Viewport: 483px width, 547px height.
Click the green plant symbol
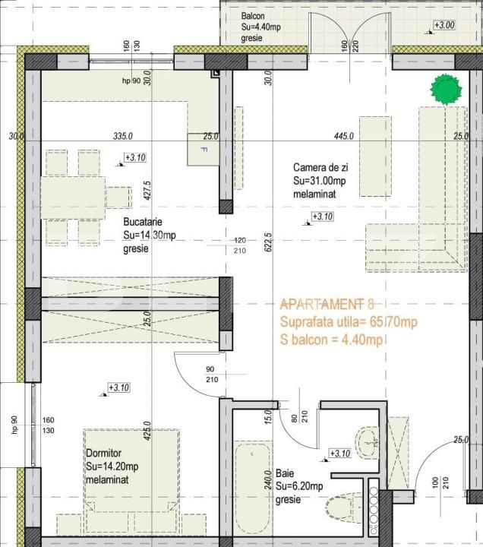pyautogui.click(x=446, y=89)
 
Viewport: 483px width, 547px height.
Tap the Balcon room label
pyautogui.click(x=254, y=17)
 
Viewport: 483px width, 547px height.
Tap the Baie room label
pyautogui.click(x=284, y=473)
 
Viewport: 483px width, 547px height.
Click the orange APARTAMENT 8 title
pyautogui.click(x=327, y=304)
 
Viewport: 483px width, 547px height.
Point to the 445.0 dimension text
pyautogui.click(x=344, y=136)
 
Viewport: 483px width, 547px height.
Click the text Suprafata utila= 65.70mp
pyautogui.click(x=349, y=322)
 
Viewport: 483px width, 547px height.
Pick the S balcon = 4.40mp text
pyautogui.click(x=330, y=340)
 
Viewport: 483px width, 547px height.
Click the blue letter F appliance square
pyautogui.click(x=203, y=148)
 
